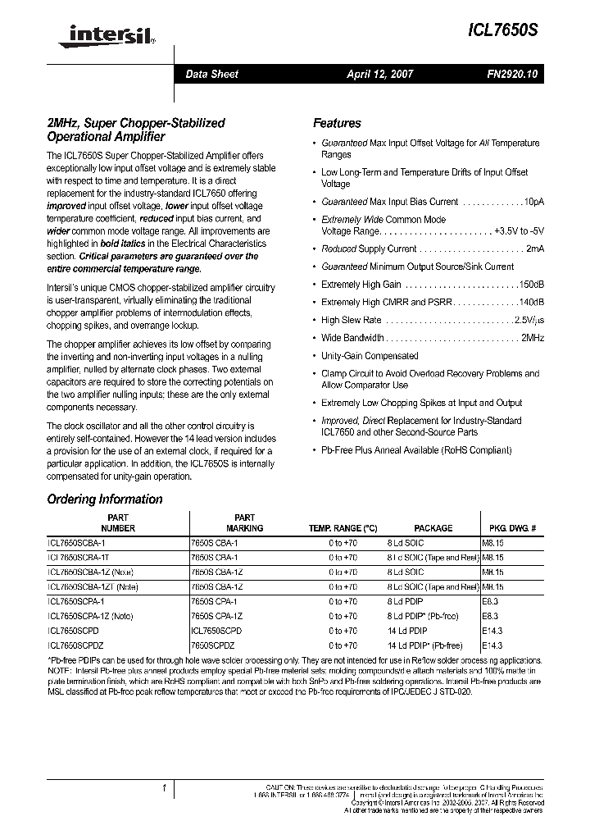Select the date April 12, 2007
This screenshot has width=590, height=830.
(x=379, y=75)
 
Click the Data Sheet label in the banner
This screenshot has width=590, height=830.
(x=211, y=75)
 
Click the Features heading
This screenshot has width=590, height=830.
(x=337, y=123)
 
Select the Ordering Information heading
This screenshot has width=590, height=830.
(x=105, y=499)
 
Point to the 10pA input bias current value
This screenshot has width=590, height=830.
(x=533, y=202)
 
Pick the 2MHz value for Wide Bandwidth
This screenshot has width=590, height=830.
(x=532, y=338)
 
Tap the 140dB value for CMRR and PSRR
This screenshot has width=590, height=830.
(x=530, y=303)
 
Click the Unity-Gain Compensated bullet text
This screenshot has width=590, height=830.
(x=370, y=356)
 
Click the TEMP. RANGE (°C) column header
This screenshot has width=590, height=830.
(x=343, y=529)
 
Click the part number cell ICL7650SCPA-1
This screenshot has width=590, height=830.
(x=77, y=601)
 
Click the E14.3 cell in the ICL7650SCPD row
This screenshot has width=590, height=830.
(x=492, y=631)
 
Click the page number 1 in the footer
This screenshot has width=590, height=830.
(x=164, y=789)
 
